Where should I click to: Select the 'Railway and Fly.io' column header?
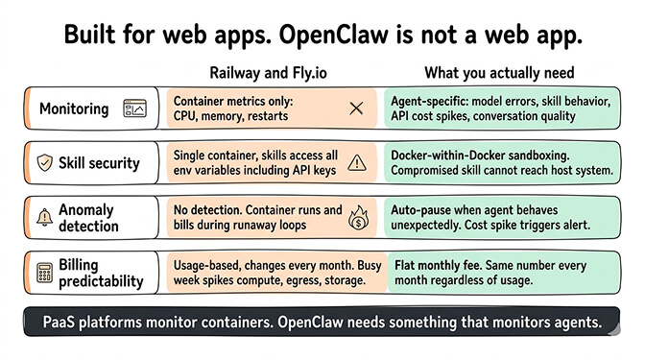pyautogui.click(x=269, y=73)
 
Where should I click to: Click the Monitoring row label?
pyautogui.click(x=74, y=108)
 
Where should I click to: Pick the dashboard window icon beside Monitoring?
pyautogui.click(x=133, y=109)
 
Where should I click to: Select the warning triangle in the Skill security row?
pyautogui.click(x=356, y=161)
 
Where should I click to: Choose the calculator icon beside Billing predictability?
pyautogui.click(x=43, y=273)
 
